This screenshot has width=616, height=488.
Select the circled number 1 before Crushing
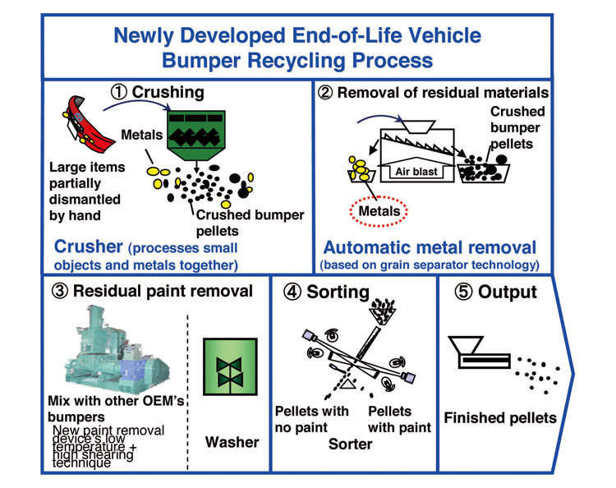tap(117, 90)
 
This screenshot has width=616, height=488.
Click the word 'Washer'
tap(232, 442)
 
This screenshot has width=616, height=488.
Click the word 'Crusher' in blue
tap(88, 246)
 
